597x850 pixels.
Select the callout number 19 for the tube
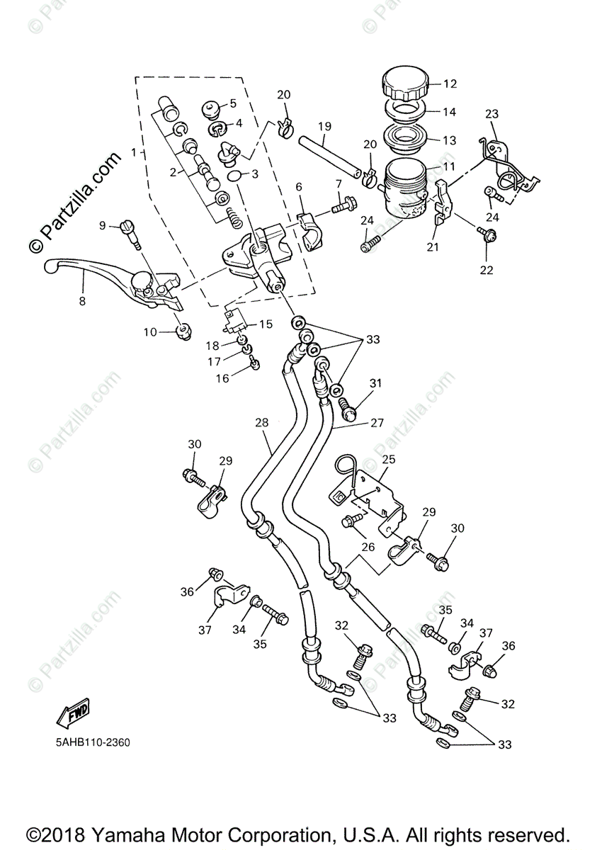coord(324,127)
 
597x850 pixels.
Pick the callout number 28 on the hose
coord(262,423)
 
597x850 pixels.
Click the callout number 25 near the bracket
coord(388,460)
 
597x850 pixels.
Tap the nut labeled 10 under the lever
coord(183,330)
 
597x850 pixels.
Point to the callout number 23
coord(491,114)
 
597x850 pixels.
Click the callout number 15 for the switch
coord(265,324)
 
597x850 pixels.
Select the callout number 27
coord(376,423)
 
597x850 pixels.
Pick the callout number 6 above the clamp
coord(299,186)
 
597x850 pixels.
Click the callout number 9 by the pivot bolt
coord(103,225)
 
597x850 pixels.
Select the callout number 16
coord(222,378)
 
